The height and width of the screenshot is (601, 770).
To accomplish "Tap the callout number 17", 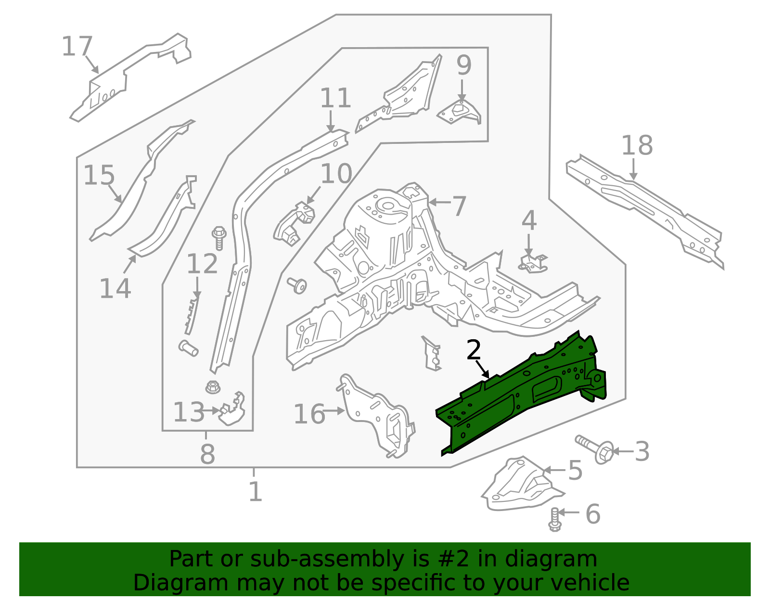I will [77, 47].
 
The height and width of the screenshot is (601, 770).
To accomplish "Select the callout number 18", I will [637, 145].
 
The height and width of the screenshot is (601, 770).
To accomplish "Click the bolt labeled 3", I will [594, 447].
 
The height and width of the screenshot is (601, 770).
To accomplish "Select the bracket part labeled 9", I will [460, 112].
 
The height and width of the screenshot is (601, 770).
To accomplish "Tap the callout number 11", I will [335, 99].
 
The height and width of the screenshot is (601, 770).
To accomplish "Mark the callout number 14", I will [115, 289].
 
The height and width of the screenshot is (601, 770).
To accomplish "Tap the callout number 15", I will [99, 176].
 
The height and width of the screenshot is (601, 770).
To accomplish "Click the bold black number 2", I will [474, 350].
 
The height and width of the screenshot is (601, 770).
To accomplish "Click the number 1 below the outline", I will [255, 492].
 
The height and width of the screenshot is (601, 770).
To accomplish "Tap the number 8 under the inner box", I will [207, 454].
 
